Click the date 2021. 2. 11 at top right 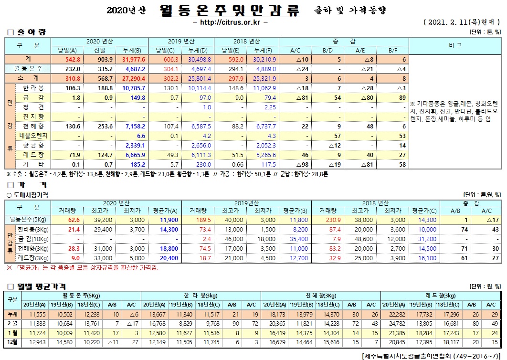(448, 22)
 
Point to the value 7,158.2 (134, 126)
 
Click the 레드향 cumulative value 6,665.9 (134, 155)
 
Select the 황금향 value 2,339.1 (134, 145)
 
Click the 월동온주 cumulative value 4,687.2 (134, 69)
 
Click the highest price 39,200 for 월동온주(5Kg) (102, 220)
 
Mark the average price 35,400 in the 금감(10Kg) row (299, 239)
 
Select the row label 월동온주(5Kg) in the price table (27, 220)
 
